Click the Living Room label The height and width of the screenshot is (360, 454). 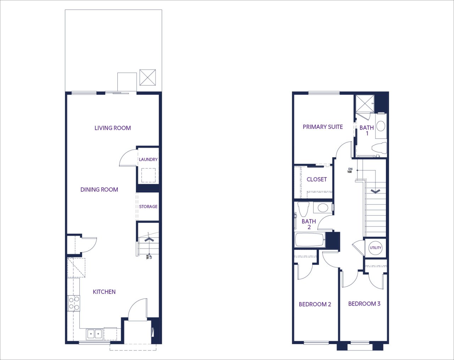click(113, 128)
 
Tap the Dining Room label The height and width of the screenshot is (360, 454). click(99, 190)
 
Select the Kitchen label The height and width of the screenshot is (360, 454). click(104, 292)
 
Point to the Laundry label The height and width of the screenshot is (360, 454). click(148, 159)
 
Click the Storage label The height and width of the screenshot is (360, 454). click(148, 207)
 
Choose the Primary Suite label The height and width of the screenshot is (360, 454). click(323, 127)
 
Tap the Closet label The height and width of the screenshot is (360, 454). click(317, 179)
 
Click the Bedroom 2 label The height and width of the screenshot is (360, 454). click(315, 304)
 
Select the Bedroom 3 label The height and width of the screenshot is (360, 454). click(364, 304)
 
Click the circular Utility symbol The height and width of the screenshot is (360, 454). click(376, 248)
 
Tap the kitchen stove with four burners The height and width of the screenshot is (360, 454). click(74, 303)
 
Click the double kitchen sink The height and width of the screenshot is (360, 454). click(94, 334)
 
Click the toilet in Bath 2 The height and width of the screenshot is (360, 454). click(303, 209)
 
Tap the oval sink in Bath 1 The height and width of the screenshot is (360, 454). click(381, 126)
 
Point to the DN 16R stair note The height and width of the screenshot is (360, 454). click(350, 170)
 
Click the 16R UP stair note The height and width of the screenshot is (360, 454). click(149, 257)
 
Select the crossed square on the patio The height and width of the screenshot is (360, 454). click(148, 77)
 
